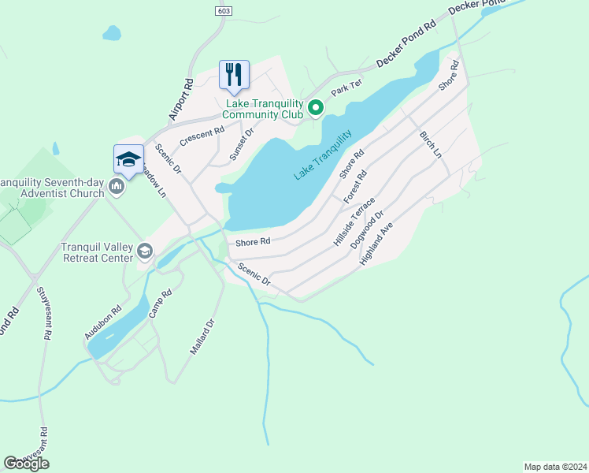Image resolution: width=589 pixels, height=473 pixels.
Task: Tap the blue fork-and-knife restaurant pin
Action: coord(234,75)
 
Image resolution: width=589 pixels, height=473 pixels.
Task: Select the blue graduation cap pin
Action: coord(129,159)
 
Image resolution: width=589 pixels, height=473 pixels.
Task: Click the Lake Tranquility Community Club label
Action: coord(265,109)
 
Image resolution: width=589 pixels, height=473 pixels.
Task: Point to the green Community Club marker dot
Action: coord(315,108)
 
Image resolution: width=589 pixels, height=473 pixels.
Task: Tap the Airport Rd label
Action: coord(181,99)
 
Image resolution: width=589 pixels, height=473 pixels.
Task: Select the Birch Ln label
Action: coord(431,145)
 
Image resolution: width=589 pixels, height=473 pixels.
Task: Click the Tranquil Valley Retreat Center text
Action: coord(98,251)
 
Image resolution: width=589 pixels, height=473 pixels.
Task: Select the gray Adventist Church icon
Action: coord(117,187)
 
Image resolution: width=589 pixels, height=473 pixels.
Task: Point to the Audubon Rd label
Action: coord(102,322)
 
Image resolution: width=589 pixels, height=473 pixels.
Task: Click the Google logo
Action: coord(26,464)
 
